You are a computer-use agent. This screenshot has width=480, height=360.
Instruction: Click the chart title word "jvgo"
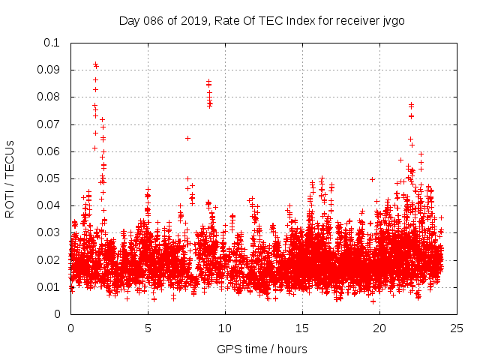(x=392, y=20)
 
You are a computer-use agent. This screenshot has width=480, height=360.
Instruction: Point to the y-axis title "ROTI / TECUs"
(x=10, y=178)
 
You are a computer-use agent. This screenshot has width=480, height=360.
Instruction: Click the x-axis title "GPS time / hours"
(x=262, y=349)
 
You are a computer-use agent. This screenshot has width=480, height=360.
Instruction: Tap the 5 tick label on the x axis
(x=148, y=328)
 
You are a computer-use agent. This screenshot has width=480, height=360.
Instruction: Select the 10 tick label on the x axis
(x=225, y=328)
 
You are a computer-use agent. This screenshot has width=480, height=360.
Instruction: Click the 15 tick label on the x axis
(x=302, y=328)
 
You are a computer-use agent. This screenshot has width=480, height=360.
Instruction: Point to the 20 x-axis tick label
(x=379, y=328)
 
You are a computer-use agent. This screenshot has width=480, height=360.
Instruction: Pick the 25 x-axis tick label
(x=457, y=328)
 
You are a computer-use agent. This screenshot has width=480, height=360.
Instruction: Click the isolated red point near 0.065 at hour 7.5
(x=187, y=138)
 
